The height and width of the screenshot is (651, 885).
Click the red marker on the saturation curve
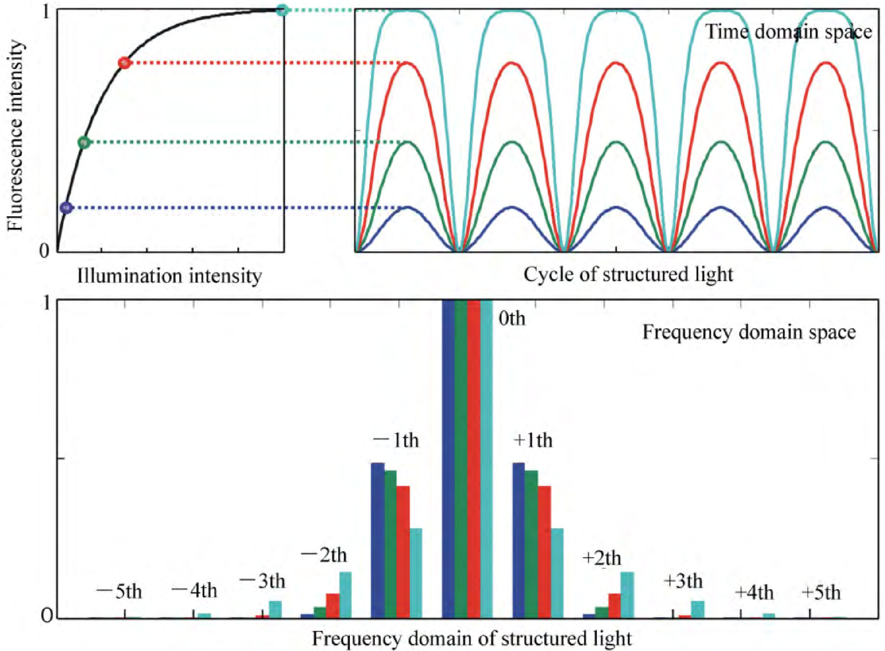[x=124, y=63]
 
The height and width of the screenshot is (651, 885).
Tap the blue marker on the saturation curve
[x=67, y=208]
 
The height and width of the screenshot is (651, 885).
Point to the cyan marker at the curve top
[x=282, y=10]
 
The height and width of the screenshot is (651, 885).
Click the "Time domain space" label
[x=788, y=31]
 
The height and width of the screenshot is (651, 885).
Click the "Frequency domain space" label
[x=749, y=332]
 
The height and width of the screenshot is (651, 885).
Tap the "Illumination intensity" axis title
[x=170, y=276]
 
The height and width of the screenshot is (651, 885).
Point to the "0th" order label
[x=512, y=318]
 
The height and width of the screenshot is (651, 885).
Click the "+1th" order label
[x=533, y=440]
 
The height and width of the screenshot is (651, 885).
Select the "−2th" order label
[x=324, y=556]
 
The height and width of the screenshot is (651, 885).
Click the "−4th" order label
[x=195, y=591]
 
